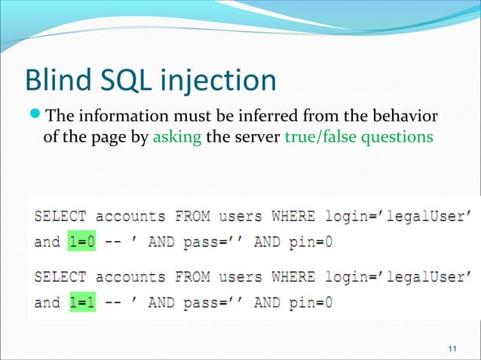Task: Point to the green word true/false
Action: (x=314, y=139)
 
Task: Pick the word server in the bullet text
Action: (x=256, y=139)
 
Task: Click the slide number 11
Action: (x=452, y=347)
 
